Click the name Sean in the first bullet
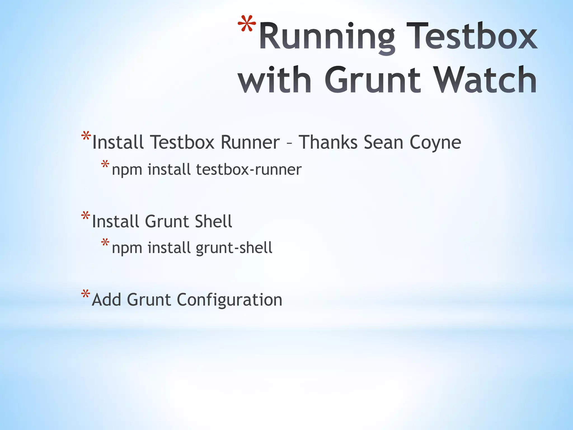click(384, 142)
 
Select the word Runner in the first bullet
click(250, 142)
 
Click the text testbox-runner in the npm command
click(249, 170)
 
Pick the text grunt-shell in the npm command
click(234, 248)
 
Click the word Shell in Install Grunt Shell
click(213, 221)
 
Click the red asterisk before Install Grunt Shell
click(86, 216)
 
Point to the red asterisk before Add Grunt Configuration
click(86, 295)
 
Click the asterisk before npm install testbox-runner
click(105, 165)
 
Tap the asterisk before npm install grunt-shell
click(105, 243)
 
